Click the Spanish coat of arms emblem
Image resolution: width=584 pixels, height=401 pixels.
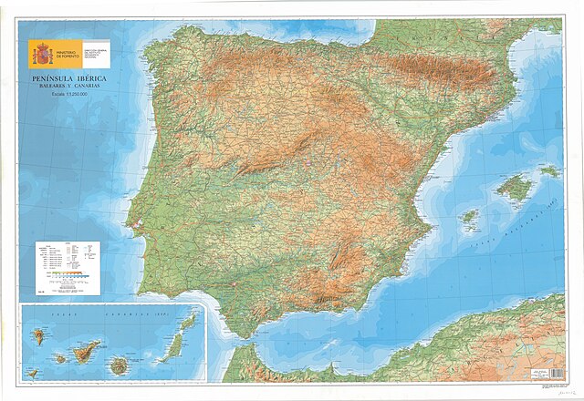click(42, 53)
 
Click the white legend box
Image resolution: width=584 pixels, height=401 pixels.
click(68, 268)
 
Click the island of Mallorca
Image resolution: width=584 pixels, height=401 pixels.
click(515, 188)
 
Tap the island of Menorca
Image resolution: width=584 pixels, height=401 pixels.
click(548, 170)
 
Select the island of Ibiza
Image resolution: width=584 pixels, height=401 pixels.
click(469, 217)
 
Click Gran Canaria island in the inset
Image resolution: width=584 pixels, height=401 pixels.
click(119, 365)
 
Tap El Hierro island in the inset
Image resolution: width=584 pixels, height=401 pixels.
click(33, 373)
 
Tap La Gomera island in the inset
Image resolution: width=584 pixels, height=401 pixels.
click(60, 358)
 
